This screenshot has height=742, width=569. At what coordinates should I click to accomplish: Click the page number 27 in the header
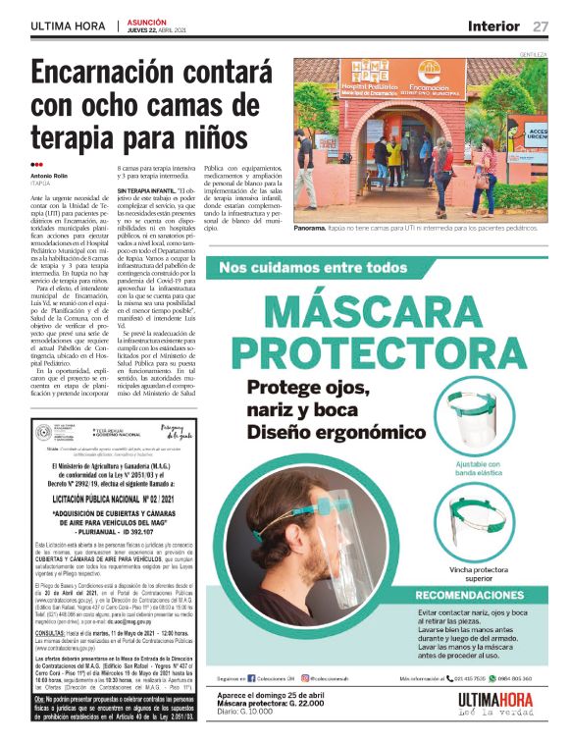coord(541,26)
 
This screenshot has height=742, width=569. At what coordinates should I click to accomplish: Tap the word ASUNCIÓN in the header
coord(147,21)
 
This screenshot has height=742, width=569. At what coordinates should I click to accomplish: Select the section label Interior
coord(494,26)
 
